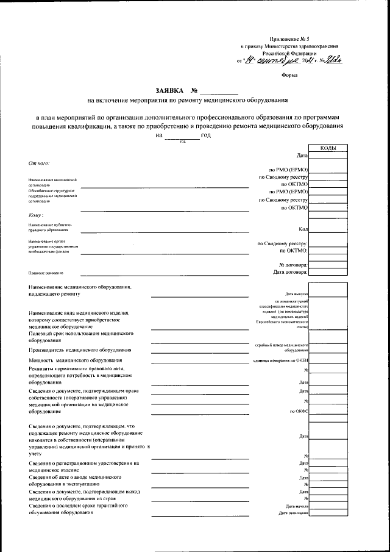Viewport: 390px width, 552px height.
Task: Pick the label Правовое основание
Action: (x=46, y=273)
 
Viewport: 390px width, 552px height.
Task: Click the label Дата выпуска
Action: (x=296, y=294)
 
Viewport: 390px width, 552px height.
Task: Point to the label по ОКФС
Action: (x=300, y=412)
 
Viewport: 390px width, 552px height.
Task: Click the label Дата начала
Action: (x=297, y=506)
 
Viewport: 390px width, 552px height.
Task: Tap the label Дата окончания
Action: (x=294, y=514)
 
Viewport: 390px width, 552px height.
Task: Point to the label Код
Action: (x=303, y=229)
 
